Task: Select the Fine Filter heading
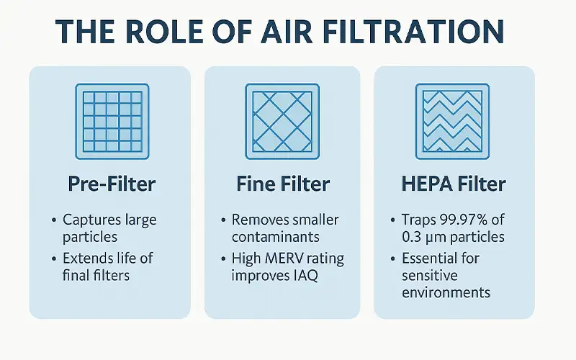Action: tap(282, 184)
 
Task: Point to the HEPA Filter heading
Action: tap(454, 184)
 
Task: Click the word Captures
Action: tap(92, 219)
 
